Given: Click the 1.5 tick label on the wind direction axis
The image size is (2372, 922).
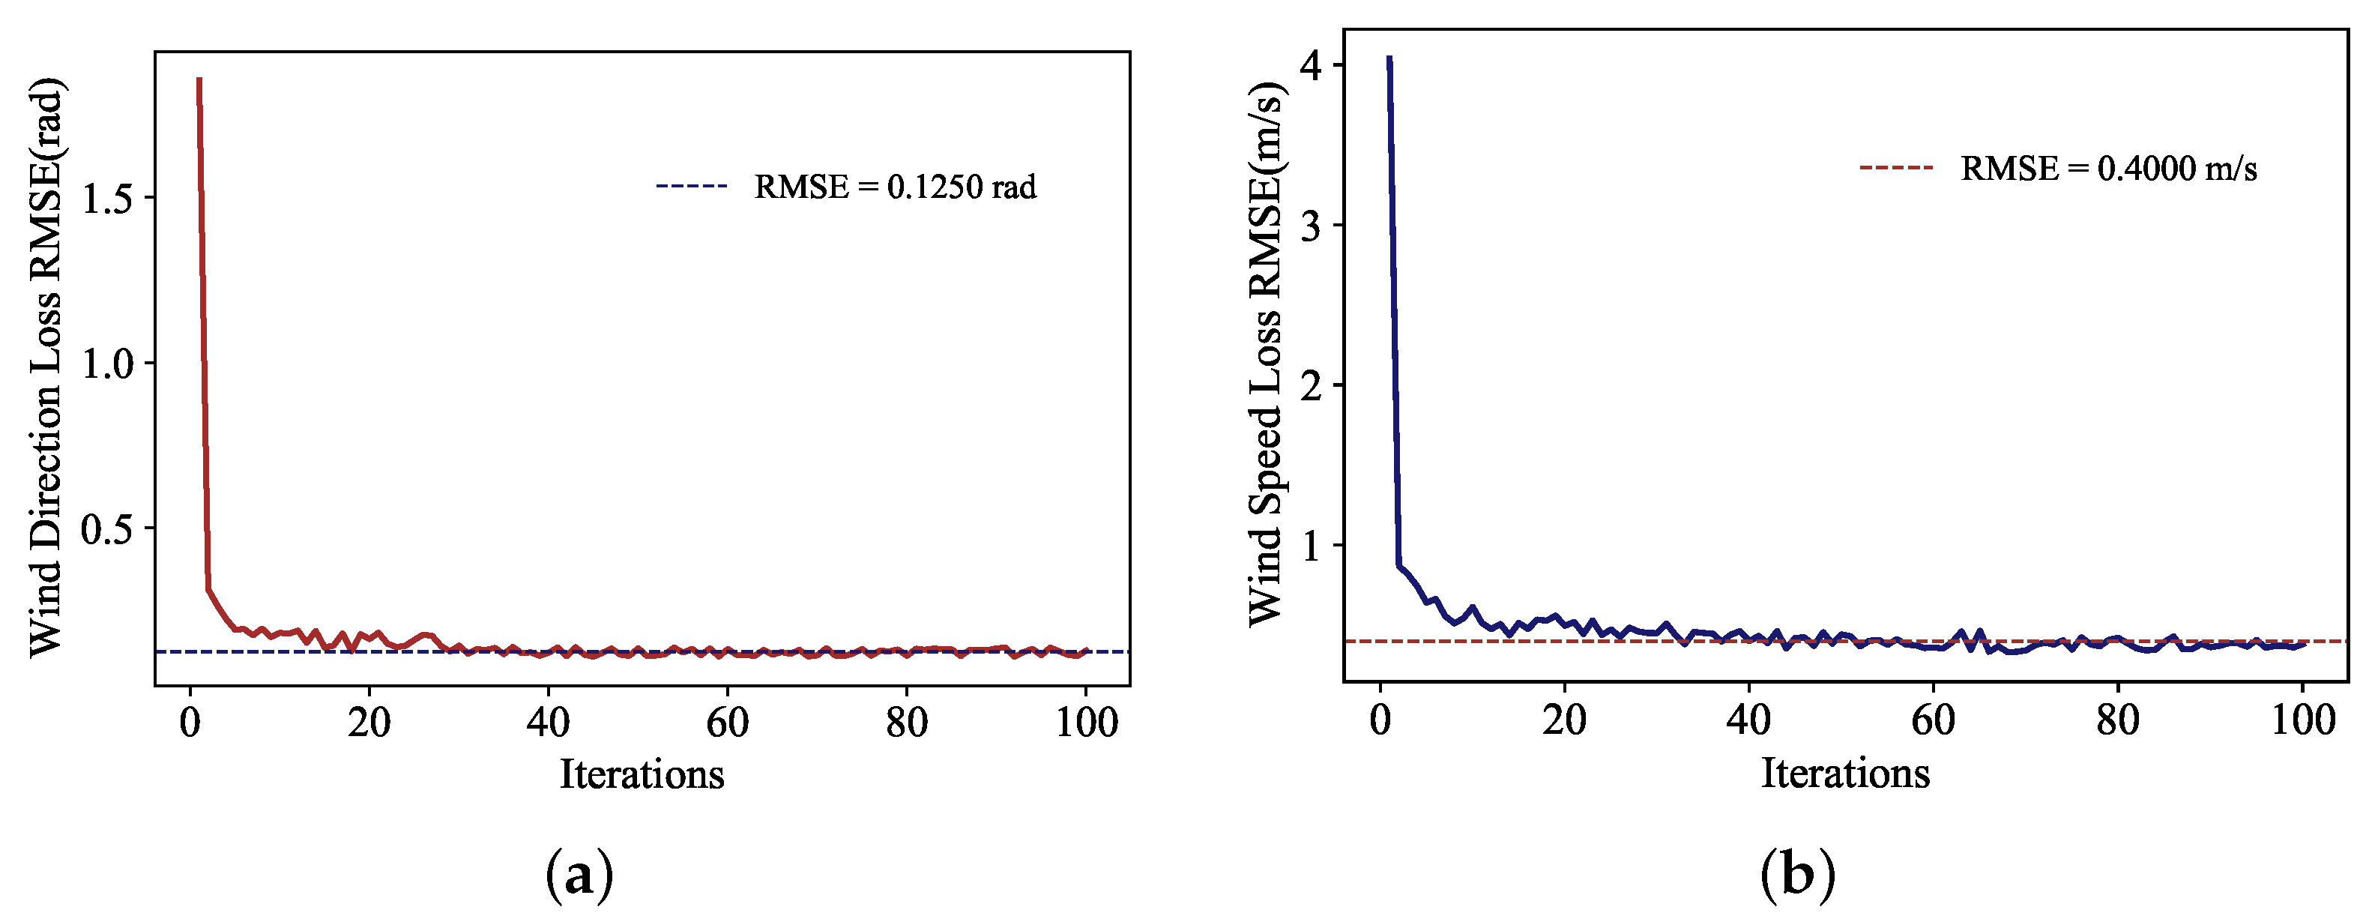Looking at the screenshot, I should tap(107, 199).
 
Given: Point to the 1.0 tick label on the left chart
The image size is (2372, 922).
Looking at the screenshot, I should tap(107, 364).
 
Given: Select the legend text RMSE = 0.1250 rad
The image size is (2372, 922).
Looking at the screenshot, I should tap(895, 187).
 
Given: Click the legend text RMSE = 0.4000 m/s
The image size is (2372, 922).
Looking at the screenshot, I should tap(2109, 169).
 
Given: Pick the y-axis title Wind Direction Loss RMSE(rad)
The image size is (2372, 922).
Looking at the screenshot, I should tap(46, 367).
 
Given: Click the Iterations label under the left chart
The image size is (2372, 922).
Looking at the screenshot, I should tap(642, 774).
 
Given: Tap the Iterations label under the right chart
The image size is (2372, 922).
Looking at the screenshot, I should tap(1845, 773).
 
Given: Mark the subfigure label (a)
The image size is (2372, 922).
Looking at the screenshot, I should tap(579, 874).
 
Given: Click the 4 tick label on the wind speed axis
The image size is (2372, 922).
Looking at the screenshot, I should tap(1310, 65).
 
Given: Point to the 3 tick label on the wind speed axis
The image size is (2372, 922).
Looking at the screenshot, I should tap(1310, 226).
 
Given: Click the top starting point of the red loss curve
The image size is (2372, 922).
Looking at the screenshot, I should tap(199, 80).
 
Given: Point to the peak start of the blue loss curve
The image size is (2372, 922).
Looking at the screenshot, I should tap(1389, 58).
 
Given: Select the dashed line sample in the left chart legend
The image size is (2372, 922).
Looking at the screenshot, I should tap(692, 186).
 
